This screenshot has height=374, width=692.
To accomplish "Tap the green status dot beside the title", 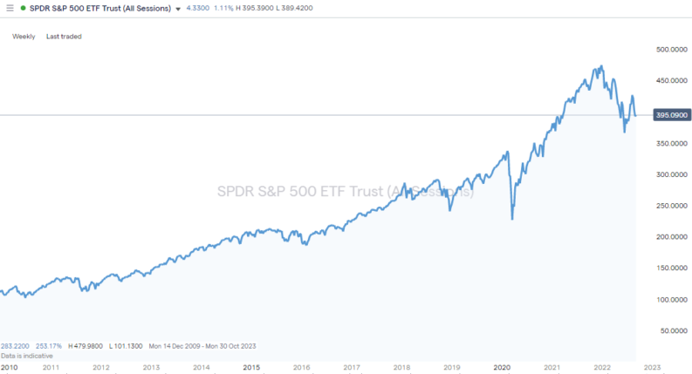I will tap(23, 8).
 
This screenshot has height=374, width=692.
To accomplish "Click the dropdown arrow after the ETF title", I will tap(179, 9).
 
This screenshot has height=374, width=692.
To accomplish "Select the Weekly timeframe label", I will tap(24, 37).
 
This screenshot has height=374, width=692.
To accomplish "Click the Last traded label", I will tap(64, 37).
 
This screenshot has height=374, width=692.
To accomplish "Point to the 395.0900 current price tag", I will tap(670, 115).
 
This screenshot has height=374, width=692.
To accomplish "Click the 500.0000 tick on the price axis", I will tap(669, 50).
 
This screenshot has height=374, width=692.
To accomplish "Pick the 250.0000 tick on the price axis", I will tap(669, 206).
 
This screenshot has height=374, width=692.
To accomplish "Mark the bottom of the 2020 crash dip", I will tap(512, 219).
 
